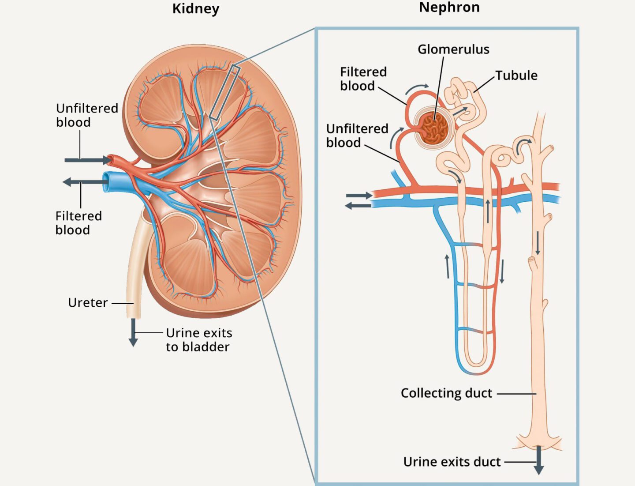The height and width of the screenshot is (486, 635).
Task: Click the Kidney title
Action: tap(195, 9)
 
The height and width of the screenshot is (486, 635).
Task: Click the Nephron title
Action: tap(449, 8)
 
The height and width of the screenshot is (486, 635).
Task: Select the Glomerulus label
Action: tap(453, 49)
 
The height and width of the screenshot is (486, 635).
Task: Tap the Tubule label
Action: tap(516, 75)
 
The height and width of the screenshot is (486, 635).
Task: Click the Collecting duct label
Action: tap(446, 393)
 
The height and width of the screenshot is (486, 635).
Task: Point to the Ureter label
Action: tap(88, 303)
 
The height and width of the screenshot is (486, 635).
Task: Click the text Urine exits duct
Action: tap(452, 462)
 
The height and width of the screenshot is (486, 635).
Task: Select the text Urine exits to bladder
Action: tap(198, 339)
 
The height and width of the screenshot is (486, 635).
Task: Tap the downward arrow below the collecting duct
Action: tap(538, 461)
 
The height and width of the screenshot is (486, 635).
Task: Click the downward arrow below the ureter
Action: tap(133, 333)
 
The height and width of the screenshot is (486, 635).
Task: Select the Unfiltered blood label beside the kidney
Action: tap(87, 115)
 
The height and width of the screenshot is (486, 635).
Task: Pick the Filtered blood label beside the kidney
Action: tap(78, 223)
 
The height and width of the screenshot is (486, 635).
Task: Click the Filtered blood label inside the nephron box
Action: tap(362, 79)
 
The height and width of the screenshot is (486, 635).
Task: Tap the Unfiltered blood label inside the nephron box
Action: tap(357, 136)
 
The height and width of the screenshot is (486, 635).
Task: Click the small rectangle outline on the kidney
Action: tap(224, 93)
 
